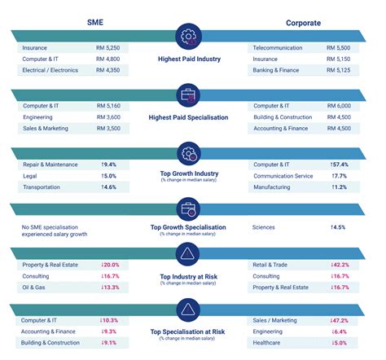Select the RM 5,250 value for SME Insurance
(108, 48)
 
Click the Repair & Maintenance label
(50, 164)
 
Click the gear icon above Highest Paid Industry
(191, 36)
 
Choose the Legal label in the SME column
(30, 175)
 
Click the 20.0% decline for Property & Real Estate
(110, 265)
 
